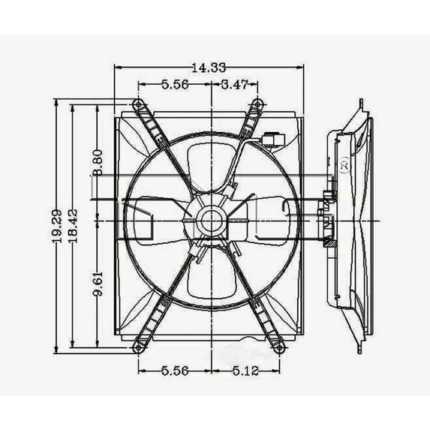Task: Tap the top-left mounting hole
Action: [137, 104]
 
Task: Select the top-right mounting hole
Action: [255, 104]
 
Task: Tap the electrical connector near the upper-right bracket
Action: [273, 138]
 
